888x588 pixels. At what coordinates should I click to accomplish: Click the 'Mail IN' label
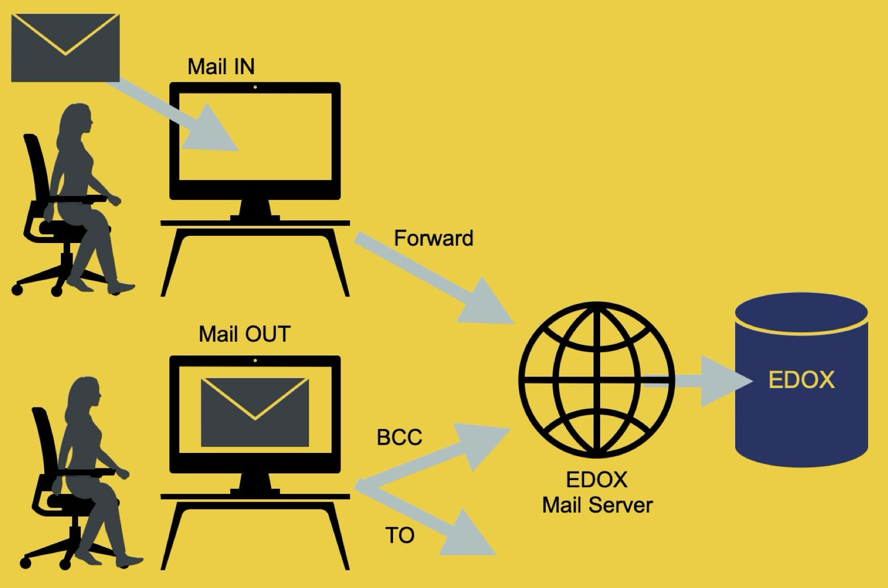click(221, 66)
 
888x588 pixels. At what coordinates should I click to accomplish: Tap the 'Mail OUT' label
click(244, 334)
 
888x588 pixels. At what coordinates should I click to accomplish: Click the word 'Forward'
click(433, 238)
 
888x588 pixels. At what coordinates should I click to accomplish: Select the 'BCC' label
click(399, 437)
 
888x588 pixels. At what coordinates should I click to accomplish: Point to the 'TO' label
click(399, 535)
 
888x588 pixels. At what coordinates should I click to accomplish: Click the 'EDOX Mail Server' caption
click(597, 493)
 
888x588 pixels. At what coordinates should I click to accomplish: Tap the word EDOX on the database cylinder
click(801, 380)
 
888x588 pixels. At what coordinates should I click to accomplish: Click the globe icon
click(597, 379)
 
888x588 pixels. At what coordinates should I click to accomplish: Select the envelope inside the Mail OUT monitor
click(255, 412)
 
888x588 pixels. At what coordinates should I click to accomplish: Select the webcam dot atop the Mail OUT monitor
click(255, 360)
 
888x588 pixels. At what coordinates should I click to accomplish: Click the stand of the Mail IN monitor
click(255, 210)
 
